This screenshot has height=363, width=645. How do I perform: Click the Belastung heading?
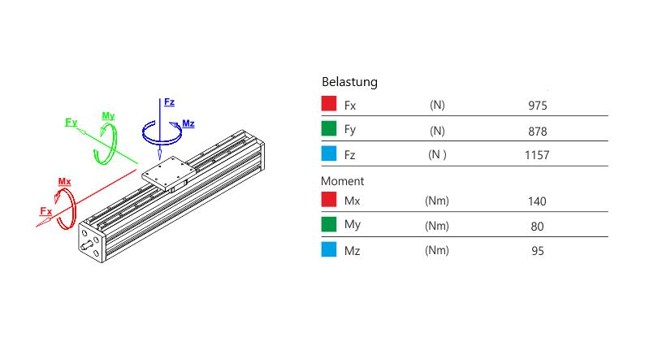tap(349, 82)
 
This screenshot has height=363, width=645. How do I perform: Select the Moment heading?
tap(343, 181)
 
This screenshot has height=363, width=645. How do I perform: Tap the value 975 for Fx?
tap(538, 106)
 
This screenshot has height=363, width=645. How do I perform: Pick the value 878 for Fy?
tap(538, 132)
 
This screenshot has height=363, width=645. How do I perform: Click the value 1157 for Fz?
tap(538, 154)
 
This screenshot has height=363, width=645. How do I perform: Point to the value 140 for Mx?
tap(537, 201)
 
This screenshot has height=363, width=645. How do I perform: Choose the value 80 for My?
tap(537, 227)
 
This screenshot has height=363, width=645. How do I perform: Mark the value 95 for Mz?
tap(537, 251)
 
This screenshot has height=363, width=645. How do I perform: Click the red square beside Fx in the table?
tap(329, 104)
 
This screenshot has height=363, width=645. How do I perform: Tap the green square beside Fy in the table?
tap(329, 128)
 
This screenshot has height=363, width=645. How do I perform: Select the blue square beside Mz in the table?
tap(329, 250)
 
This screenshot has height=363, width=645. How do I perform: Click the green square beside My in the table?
tap(329, 225)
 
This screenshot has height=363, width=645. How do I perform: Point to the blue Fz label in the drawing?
tap(169, 102)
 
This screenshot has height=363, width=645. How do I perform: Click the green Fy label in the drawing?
tap(71, 122)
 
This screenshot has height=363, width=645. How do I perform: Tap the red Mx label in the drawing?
tap(64, 181)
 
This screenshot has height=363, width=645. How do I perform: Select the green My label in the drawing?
tap(108, 115)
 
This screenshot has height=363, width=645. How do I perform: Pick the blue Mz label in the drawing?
tap(188, 123)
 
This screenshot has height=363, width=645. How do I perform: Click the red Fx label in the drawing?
tap(46, 211)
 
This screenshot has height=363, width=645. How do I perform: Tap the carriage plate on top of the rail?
tap(167, 172)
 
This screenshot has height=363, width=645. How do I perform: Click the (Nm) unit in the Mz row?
tap(437, 250)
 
